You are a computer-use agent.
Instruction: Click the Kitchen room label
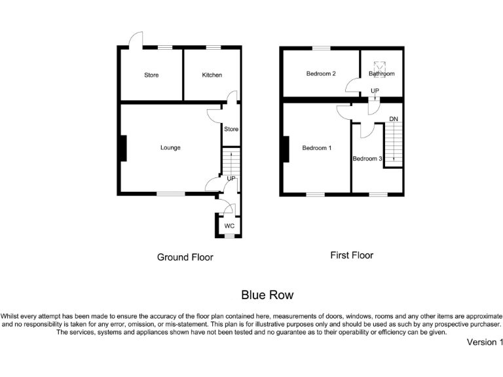[212, 75]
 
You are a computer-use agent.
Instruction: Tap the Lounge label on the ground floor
[170, 147]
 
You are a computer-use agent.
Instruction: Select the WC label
[229, 226]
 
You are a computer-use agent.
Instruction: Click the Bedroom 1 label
[316, 148]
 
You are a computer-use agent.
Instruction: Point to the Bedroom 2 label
[321, 74]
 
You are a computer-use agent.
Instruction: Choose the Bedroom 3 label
[367, 158]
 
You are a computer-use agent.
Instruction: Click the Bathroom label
[381, 74]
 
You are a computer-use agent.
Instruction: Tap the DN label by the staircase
[394, 119]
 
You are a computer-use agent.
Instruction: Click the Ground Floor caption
[185, 257]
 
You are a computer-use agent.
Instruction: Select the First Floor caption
[352, 255]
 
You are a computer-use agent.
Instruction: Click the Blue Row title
[267, 295]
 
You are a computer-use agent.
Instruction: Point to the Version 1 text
[485, 342]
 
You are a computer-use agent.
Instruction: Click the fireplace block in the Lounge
[122, 148]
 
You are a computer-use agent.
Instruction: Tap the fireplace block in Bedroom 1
[284, 149]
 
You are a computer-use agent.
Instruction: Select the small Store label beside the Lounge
[231, 129]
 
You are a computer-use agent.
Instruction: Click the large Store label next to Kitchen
[151, 75]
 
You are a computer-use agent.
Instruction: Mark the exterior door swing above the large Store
[136, 40]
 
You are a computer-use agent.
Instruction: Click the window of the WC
[229, 235]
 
